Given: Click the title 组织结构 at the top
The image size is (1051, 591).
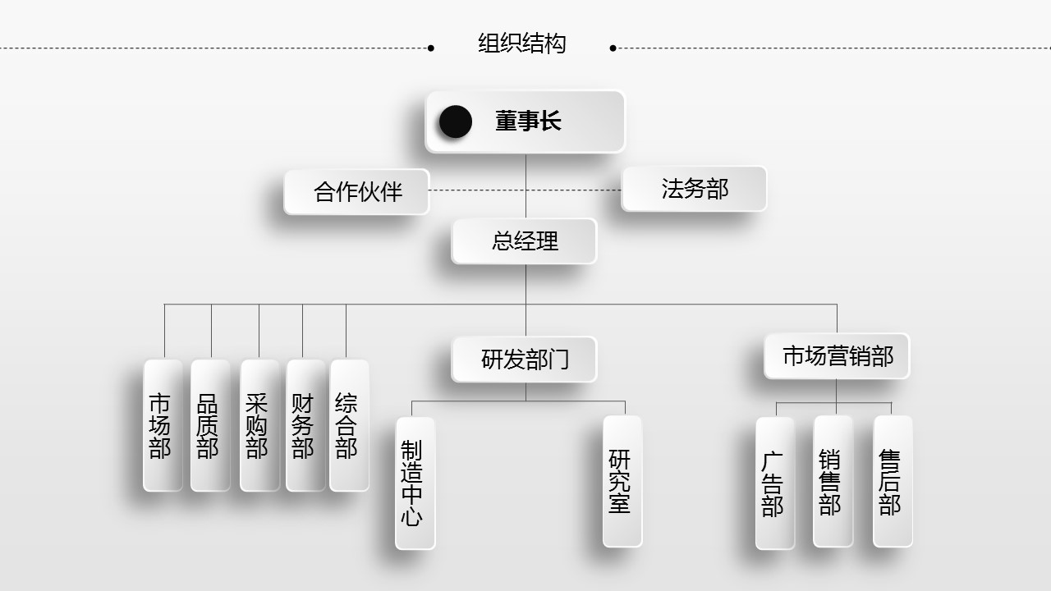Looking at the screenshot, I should (x=522, y=44).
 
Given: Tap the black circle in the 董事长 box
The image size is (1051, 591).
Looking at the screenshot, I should (x=456, y=122).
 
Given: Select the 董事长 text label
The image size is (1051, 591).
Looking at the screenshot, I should (x=528, y=122).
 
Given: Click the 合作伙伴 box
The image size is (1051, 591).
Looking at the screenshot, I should (x=356, y=191).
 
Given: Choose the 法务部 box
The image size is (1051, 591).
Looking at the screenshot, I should (x=695, y=189).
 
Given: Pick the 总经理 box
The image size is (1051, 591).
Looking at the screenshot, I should (x=525, y=241).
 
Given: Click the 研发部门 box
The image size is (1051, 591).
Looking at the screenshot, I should (x=525, y=360).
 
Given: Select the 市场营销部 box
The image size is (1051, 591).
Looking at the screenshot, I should (x=837, y=356).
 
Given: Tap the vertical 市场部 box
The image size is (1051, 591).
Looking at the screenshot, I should (x=163, y=425).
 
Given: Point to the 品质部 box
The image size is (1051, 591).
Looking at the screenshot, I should (x=210, y=425).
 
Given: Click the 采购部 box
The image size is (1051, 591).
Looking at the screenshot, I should (x=259, y=425).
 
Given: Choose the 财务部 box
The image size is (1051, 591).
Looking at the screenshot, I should (x=305, y=425).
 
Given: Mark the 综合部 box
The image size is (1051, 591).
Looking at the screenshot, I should (x=349, y=425).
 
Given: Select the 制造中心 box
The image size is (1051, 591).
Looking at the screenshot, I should (x=415, y=483).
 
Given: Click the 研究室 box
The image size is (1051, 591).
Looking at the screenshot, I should (x=622, y=481).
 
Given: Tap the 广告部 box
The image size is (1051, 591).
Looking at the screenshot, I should (x=774, y=483).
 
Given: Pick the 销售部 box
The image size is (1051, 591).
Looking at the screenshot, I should (x=833, y=481).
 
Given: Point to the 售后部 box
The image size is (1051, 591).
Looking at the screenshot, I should (x=893, y=481).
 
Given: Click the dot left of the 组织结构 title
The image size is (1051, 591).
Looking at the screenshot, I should (x=431, y=48).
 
